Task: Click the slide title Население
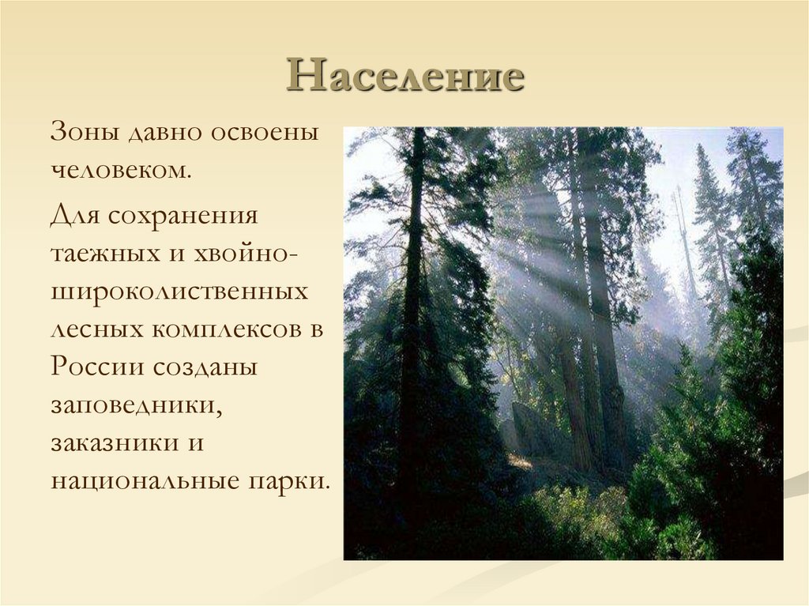click(405, 77)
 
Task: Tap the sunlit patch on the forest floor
click(522, 461)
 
